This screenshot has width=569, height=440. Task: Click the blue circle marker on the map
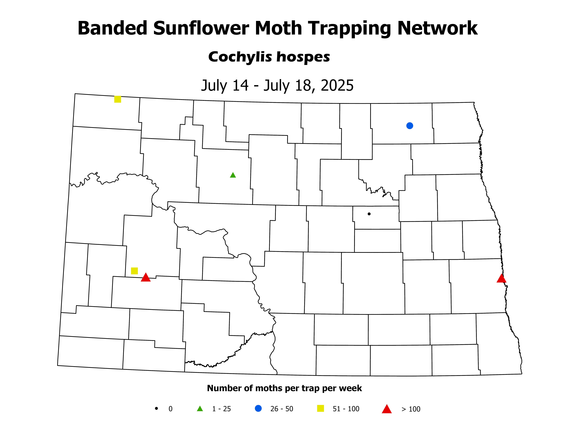tap(410, 126)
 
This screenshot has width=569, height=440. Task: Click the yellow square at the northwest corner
tap(118, 99)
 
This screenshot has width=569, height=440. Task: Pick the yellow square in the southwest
tap(134, 271)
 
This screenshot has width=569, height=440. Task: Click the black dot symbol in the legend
tap(156, 408)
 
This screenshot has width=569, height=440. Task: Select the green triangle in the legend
tap(200, 409)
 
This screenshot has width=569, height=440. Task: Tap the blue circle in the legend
tap(258, 408)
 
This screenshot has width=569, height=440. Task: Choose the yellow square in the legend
tap(320, 408)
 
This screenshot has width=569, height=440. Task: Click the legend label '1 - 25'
tap(221, 409)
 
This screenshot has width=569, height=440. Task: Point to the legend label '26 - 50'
tap(282, 409)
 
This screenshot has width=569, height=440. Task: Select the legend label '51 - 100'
tap(346, 409)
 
